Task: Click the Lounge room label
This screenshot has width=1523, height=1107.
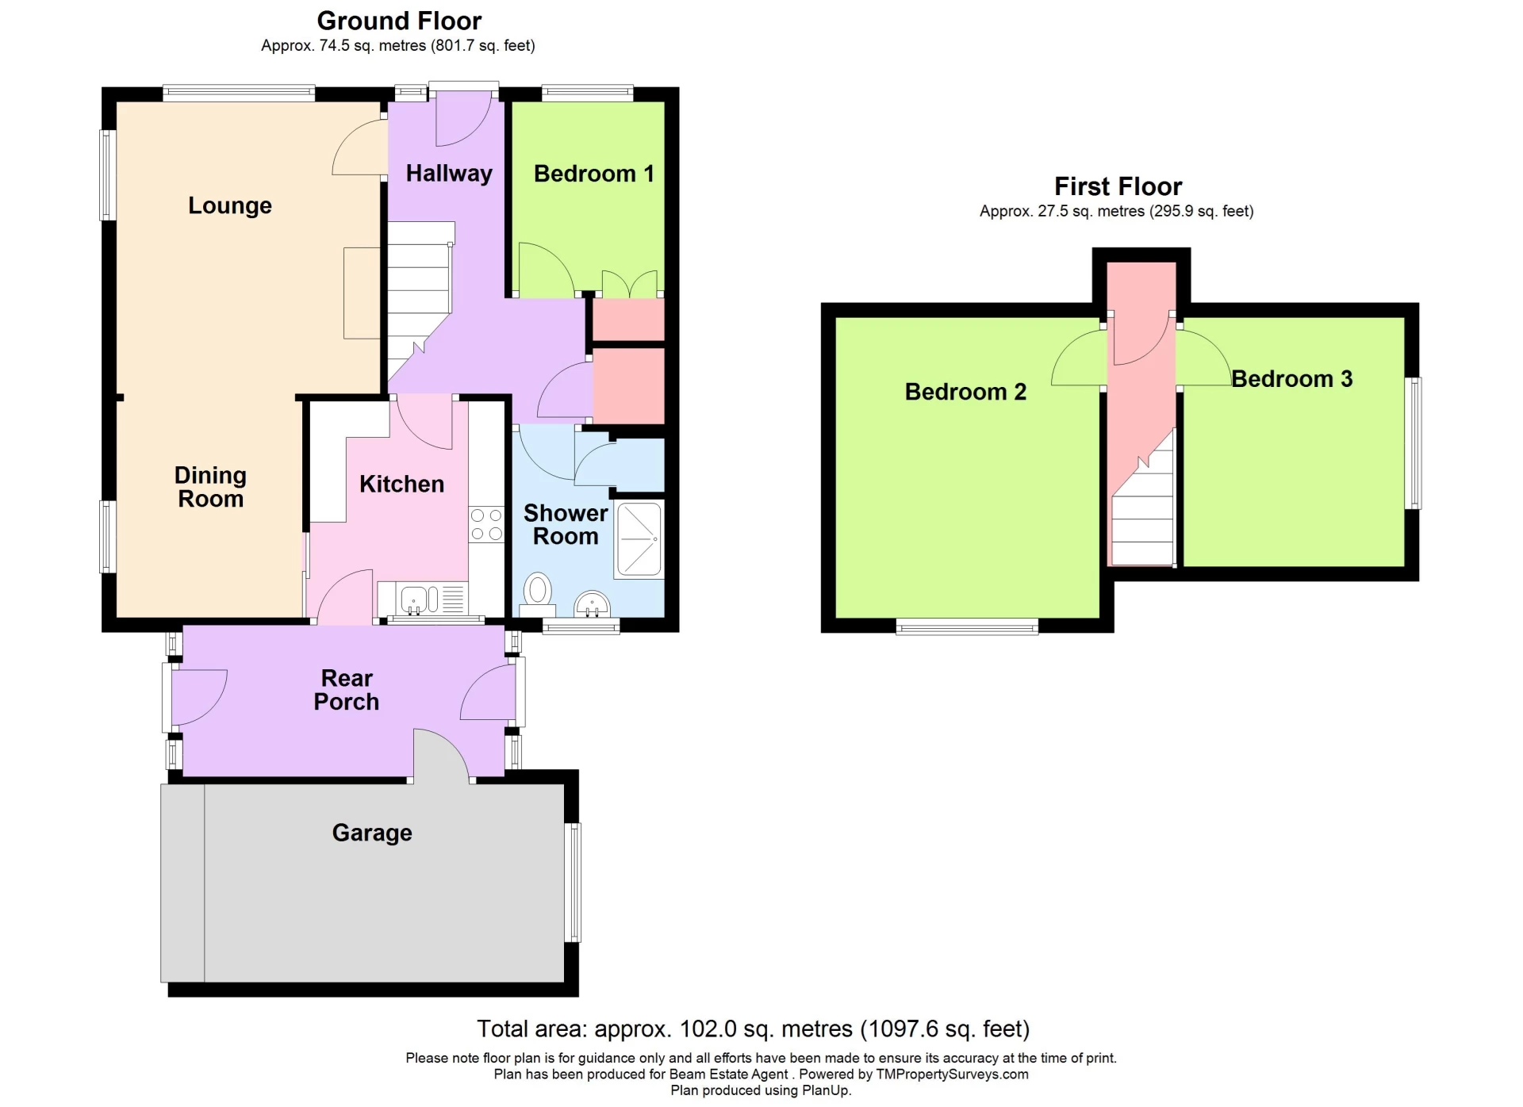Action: [230, 205]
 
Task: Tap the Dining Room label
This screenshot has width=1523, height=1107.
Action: [210, 487]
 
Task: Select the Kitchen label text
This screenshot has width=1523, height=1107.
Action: [401, 484]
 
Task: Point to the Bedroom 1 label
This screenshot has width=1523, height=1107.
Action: [593, 174]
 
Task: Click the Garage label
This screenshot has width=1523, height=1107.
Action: [372, 833]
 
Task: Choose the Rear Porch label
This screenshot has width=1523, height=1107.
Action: [347, 690]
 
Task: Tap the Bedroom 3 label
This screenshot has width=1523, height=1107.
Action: [1291, 379]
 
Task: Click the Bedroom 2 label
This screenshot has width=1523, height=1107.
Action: [965, 392]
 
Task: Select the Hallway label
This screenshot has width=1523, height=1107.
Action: [449, 174]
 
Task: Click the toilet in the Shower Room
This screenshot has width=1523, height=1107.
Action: [538, 593]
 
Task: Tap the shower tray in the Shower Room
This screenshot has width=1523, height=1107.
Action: [639, 539]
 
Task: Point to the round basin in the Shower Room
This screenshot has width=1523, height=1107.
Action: [591, 604]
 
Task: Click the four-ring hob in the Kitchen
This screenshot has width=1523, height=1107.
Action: [486, 524]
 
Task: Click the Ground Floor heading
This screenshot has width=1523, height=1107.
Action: [399, 21]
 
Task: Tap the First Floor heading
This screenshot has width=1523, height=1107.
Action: [1118, 186]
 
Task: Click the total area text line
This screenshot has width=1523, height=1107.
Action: [753, 1028]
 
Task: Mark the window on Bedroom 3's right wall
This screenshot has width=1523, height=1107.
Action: [1414, 443]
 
